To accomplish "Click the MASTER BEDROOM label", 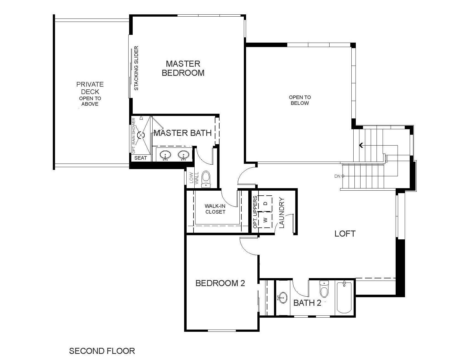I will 183,68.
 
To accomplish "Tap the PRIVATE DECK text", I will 90,88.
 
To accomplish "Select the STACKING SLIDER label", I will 136,68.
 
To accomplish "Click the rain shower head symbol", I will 141,135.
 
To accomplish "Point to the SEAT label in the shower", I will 140,158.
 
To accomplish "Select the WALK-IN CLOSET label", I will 215,209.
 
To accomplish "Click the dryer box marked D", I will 265,203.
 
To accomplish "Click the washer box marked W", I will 265,220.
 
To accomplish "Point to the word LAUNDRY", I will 282,213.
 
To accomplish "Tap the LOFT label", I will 345,234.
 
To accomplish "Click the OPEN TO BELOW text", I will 300,100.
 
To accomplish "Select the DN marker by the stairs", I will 339,176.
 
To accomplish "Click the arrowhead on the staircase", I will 361,145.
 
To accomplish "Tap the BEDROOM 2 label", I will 220,283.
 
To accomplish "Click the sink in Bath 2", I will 283,298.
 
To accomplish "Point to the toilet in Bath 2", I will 323,290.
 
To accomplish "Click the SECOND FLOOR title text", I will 102,351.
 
